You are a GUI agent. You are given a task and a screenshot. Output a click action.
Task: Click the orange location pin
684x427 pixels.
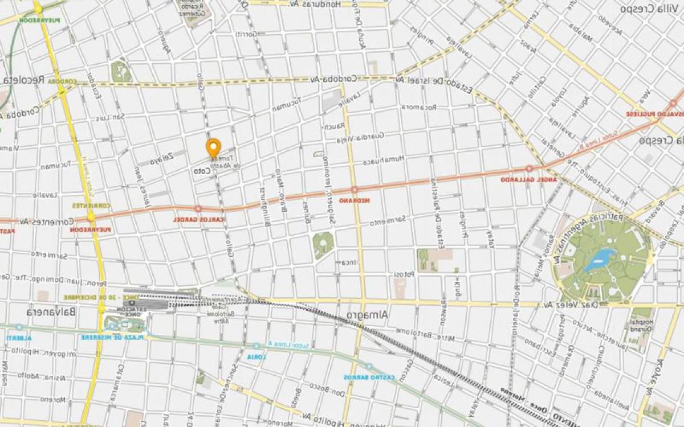214,147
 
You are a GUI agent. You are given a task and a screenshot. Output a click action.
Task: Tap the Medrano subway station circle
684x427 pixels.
355,190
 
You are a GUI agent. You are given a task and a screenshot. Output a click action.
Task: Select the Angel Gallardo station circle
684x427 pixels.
529,169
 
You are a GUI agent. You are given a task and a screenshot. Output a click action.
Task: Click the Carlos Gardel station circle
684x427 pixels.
198,209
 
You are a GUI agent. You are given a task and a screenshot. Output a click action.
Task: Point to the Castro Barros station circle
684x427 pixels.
369,367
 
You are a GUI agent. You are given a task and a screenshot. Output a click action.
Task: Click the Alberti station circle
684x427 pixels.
19,327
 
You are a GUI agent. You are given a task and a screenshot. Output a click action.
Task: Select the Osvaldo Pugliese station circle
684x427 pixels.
673,104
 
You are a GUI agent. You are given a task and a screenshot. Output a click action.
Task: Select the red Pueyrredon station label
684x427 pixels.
90,230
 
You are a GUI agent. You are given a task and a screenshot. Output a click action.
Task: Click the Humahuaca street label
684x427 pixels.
385,159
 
